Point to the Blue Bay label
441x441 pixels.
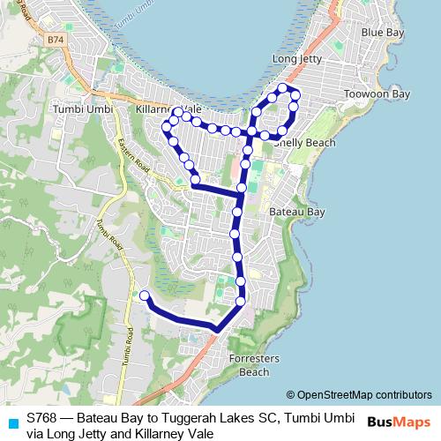pos(383,33)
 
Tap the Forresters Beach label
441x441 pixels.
pos(254,365)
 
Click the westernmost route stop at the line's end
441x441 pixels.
pos(145,295)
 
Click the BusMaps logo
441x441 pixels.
pos(398,422)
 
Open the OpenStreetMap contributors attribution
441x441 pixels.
pos(364,395)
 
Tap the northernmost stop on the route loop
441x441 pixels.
pos(283,87)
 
